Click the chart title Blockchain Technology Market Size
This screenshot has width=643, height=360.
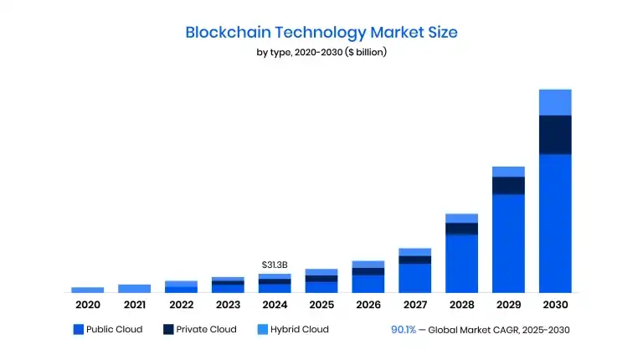coord(321,33)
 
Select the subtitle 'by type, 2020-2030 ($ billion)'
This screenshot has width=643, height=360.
coord(321,53)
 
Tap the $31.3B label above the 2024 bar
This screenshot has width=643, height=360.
coord(275,265)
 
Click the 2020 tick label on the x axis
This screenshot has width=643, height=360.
coord(87,305)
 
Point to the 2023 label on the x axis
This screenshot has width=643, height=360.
coord(228,305)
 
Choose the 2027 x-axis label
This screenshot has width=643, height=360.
coord(414,305)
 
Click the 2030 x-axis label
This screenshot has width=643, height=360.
coord(555,305)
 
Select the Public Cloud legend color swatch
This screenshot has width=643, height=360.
coord(79,330)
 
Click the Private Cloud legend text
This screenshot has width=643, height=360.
coord(206,330)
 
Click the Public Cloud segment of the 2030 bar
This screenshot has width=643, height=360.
coord(555,223)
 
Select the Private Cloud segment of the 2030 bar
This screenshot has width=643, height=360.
coord(555,135)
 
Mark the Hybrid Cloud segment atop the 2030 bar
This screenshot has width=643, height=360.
coord(555,102)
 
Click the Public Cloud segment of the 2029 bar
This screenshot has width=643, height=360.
coord(508,243)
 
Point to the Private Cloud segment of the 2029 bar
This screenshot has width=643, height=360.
coord(508,185)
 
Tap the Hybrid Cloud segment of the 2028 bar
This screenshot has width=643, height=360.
coord(461,218)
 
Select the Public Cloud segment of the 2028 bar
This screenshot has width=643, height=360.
coord(461,263)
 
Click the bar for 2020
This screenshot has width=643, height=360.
coord(87,290)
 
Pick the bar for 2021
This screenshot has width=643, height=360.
coord(134,288)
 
